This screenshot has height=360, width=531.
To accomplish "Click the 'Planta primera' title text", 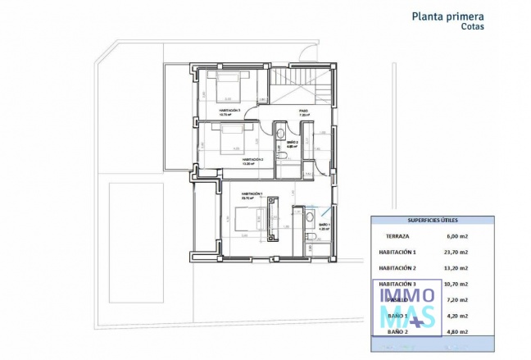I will (447, 15).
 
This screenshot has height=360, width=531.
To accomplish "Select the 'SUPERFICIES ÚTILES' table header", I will (433, 221).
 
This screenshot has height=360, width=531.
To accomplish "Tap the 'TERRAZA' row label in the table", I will (393, 235).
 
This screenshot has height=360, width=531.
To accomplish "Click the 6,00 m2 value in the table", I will (456, 235).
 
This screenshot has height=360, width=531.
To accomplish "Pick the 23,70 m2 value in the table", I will (456, 252).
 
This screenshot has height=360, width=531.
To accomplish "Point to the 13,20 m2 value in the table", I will (456, 267).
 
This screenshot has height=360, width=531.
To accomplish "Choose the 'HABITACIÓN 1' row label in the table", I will (397, 252).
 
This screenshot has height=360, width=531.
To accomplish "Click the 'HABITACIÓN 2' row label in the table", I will (397, 267).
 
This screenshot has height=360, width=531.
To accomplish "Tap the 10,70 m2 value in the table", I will (456, 284).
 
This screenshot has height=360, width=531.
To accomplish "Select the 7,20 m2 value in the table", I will (456, 299).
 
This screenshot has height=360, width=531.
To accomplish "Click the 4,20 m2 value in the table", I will (456, 316).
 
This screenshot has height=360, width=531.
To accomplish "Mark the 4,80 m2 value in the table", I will (456, 331).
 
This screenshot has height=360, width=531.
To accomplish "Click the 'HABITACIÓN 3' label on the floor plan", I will (229, 110).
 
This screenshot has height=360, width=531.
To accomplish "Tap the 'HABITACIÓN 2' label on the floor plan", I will (251, 159).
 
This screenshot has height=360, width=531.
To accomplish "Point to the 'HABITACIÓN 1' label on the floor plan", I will (251, 194).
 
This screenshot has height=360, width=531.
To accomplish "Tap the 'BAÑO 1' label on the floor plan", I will (323, 225).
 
